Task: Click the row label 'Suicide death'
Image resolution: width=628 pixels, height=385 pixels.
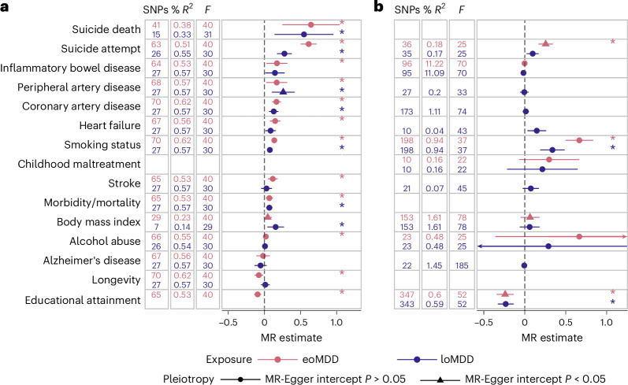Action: tap(106, 29)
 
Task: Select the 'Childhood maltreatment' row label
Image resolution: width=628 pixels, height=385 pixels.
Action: tap(79, 164)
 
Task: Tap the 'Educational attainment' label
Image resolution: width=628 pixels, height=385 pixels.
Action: tap(83, 300)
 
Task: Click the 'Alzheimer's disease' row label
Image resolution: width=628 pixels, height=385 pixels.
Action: tap(91, 261)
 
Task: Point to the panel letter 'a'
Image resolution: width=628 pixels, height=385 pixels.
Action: tap(5, 7)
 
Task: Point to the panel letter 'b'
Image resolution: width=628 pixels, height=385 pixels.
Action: tap(378, 6)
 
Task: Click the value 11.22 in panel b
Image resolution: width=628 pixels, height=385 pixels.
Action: tap(434, 64)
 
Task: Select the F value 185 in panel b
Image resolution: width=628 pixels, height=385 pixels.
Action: tap(462, 265)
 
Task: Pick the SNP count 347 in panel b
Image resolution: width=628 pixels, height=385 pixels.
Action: tap(407, 294)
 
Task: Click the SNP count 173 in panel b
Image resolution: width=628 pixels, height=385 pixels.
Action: tap(407, 112)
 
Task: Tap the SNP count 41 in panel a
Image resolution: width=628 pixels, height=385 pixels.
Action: tap(156, 25)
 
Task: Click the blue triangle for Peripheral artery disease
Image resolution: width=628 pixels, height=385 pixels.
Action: tap(283, 91)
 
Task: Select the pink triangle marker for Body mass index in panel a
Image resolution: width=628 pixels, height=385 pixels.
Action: tap(268, 217)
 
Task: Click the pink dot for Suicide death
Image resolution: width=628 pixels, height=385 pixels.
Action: tap(310, 25)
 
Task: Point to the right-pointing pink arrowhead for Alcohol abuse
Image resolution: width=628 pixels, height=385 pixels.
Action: tap(624, 237)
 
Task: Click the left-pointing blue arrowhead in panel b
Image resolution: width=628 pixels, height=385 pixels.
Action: tap(480, 246)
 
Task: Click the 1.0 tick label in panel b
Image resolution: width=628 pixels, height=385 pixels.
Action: tap(607, 322)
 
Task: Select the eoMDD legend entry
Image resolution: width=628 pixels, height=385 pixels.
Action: tap(298, 359)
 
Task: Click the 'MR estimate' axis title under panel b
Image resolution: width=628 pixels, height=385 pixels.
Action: tap(552, 338)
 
